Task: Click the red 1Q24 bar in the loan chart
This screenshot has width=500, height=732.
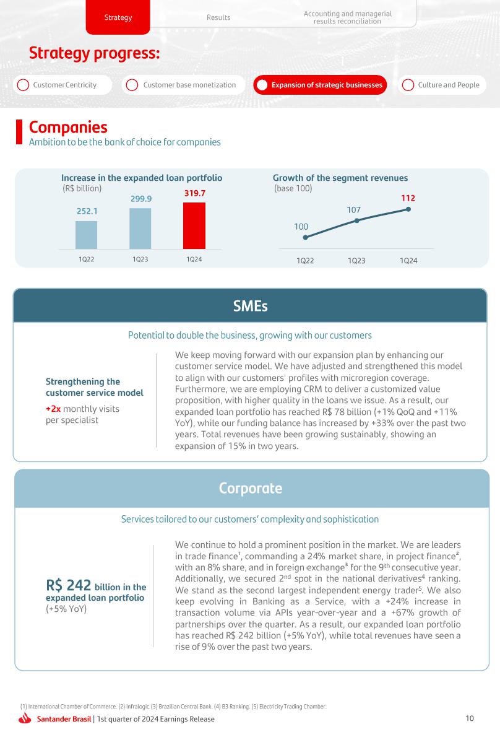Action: (x=194, y=225)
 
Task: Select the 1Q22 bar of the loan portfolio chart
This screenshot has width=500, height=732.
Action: (x=86, y=235)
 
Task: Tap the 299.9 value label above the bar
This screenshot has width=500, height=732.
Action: (x=141, y=199)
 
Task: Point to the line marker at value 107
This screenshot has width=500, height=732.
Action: (x=356, y=220)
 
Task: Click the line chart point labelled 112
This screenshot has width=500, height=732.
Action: (x=408, y=209)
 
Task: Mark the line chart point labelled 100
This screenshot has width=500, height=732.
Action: (x=304, y=237)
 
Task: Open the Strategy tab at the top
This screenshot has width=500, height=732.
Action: (x=118, y=17)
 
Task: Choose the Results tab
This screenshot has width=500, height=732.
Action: (x=218, y=17)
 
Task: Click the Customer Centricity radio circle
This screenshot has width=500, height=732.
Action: (x=23, y=85)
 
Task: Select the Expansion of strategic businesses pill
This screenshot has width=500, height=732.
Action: (x=320, y=85)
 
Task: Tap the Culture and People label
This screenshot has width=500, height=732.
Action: (x=449, y=85)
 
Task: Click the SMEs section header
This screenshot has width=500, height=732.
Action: (x=250, y=306)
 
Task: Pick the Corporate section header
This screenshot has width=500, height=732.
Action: (x=250, y=488)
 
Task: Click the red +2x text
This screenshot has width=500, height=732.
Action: (x=53, y=409)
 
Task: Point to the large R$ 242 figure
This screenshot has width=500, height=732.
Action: (x=69, y=585)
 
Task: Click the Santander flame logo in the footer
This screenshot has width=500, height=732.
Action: (x=25, y=718)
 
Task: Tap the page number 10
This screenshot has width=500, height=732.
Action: (x=470, y=718)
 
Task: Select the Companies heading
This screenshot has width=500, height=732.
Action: (x=68, y=127)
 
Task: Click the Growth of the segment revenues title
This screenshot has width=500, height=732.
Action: (x=340, y=178)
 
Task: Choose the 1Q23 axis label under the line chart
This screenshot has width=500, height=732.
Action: (x=356, y=261)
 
